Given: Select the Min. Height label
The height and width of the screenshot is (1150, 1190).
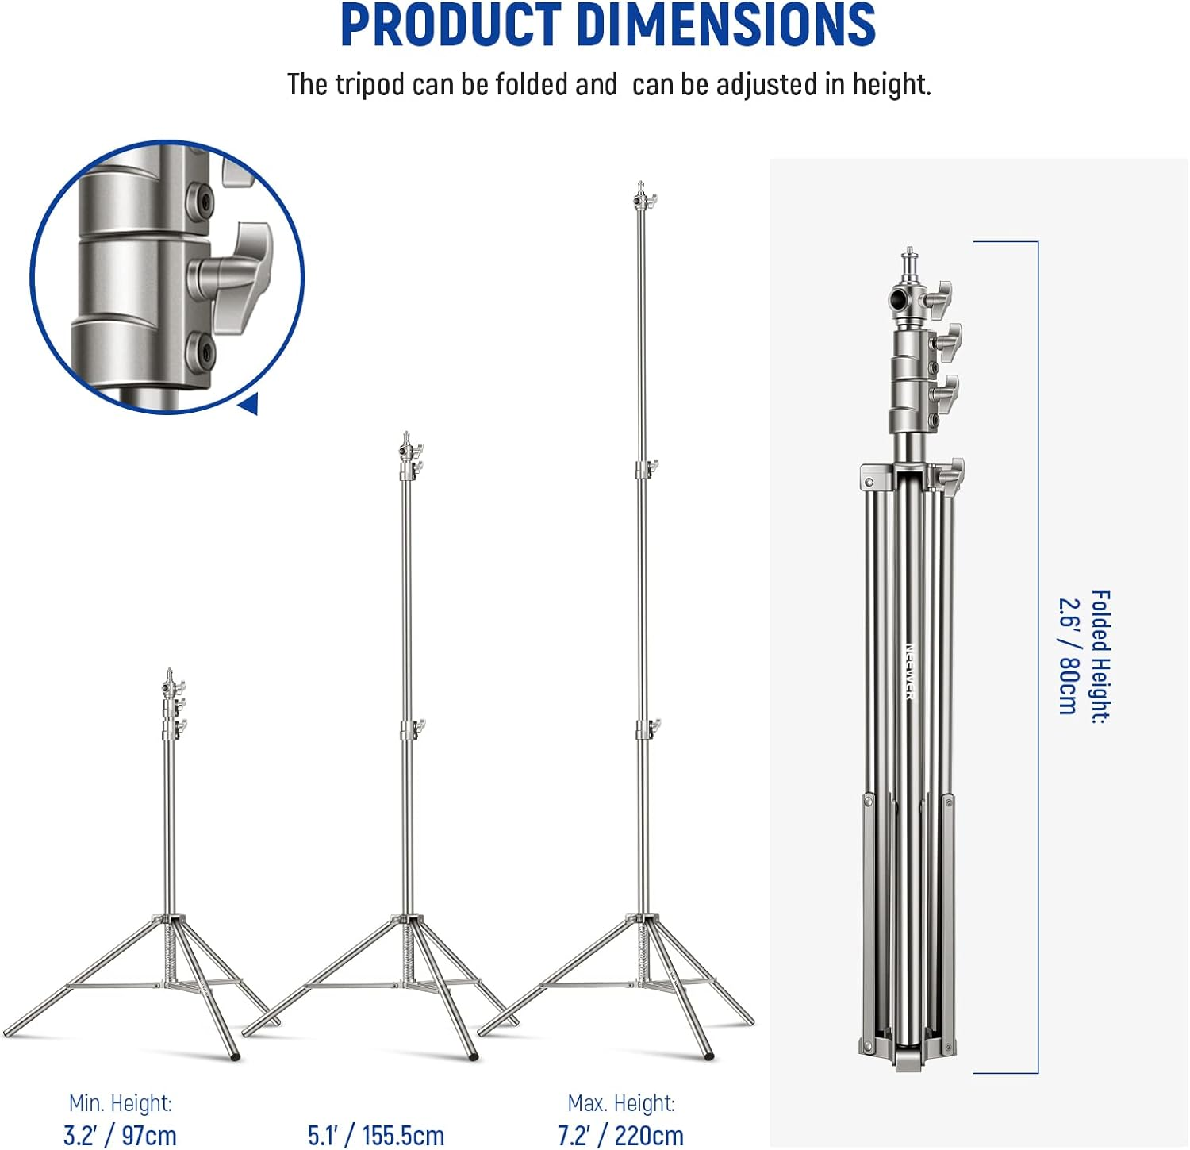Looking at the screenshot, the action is (120, 1103).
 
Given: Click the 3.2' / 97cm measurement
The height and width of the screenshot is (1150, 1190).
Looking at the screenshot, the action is (120, 1135).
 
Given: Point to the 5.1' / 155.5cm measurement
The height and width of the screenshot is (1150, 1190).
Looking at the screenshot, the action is (376, 1135).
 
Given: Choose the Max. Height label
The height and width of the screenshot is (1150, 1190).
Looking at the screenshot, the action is (621, 1103).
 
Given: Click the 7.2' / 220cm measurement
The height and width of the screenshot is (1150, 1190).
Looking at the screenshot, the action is (620, 1135).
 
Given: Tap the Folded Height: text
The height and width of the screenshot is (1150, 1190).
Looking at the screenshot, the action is (1100, 656).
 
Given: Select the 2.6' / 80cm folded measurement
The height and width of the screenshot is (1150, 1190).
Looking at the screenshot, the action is (1069, 656).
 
